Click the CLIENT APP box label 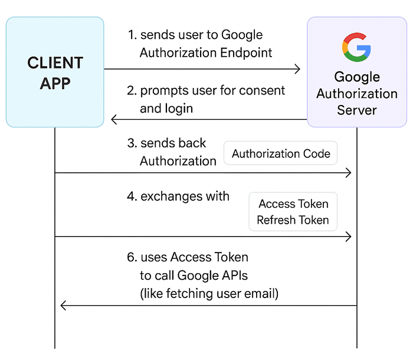coord(55,73)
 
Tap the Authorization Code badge coord(281,154)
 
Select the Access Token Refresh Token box coord(293,212)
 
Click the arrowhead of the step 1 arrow coord(297,70)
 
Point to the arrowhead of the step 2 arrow coord(115,120)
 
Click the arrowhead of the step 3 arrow coord(348,173)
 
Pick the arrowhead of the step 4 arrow coord(348,237)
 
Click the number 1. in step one coord(132,35)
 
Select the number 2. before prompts coord(133,91)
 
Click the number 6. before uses coord(133,257)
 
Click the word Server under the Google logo coord(357,110)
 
